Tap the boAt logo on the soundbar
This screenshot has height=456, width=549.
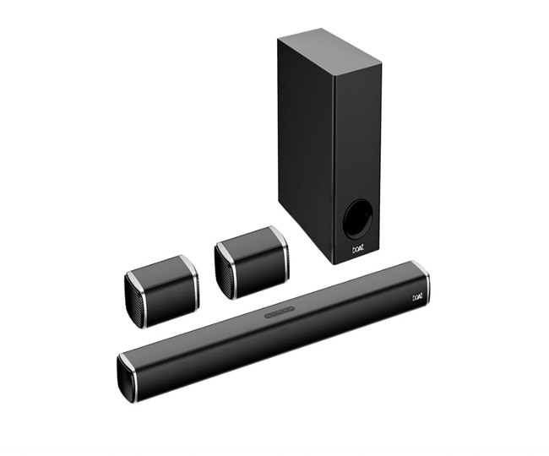[x=418, y=296]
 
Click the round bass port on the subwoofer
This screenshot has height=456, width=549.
[x=357, y=217]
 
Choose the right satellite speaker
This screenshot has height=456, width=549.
[x=251, y=257]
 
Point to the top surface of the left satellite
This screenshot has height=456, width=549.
[x=160, y=266]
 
